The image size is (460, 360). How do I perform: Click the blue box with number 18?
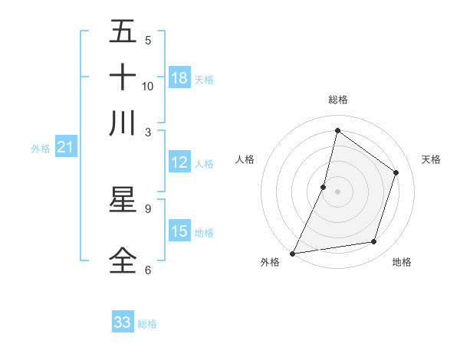179,78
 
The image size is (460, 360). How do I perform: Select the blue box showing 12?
179,162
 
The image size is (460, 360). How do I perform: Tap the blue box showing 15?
179,231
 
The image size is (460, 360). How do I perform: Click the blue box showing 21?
65,147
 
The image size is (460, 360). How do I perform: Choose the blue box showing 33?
123,322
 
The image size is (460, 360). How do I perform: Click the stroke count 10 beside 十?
148,86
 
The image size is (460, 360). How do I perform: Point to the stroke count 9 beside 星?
148,208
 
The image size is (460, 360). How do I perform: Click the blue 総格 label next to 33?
147,324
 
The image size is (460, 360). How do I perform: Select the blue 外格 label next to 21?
41,149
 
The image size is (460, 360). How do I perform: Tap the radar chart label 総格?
337,100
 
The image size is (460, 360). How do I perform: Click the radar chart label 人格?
245,159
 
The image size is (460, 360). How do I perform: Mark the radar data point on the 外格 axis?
292,253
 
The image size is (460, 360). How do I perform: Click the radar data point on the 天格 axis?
396,172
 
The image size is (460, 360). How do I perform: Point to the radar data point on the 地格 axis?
374,242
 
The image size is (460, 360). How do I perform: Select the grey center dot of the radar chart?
337,191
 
